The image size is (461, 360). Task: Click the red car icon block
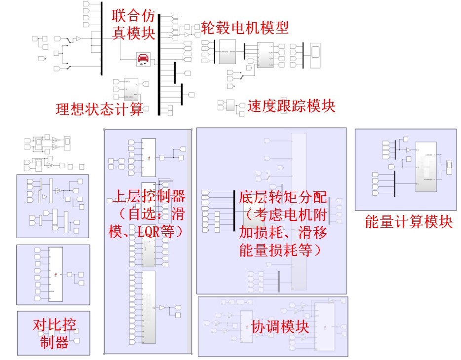143,59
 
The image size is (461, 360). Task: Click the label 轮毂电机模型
245,28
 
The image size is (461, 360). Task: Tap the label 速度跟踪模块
291,106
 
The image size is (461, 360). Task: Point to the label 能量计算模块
408,221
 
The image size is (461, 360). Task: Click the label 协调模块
280,326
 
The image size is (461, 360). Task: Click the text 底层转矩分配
283,198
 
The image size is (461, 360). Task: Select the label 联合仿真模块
133,24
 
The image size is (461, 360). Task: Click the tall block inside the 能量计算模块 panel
425,167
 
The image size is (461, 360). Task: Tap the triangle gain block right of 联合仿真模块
187,35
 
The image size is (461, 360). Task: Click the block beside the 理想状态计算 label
131,88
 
